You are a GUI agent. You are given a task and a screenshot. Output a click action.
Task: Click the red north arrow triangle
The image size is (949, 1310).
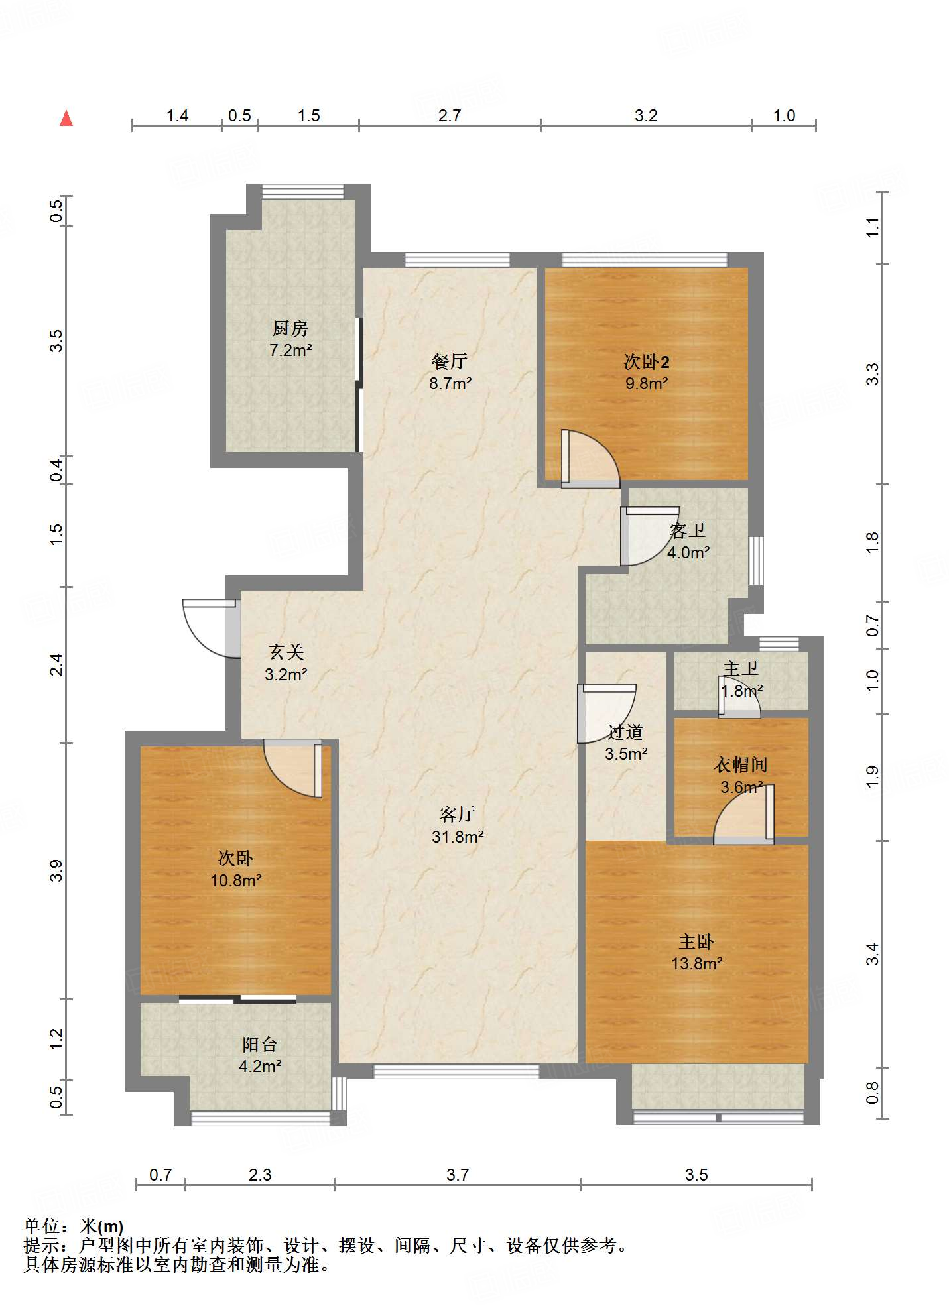[66, 118]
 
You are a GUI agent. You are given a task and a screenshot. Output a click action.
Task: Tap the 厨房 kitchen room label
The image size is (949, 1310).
[290, 328]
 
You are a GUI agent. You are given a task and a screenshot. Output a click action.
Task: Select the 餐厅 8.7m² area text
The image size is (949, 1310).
[450, 383]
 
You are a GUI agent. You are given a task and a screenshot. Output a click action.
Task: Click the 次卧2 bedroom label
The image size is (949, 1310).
[647, 361]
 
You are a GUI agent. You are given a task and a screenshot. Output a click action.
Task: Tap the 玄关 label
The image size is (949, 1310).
[286, 652]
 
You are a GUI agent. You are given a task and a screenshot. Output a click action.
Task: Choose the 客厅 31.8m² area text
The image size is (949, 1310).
[458, 837]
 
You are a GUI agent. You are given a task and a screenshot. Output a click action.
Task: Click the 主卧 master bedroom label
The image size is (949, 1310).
[696, 941]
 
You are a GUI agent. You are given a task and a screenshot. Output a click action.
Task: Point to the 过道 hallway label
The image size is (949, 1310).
[625, 732]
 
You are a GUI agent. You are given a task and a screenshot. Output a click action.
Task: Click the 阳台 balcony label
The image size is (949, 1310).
[259, 1045]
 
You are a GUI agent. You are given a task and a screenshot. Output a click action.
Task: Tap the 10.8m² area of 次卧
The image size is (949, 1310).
[236, 880]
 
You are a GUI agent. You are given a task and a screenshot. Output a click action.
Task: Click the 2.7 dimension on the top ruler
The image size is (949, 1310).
[450, 116]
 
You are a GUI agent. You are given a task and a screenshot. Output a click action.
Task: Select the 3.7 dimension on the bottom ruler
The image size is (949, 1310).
[458, 1175]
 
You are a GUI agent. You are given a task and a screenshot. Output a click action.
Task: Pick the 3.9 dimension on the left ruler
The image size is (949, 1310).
[56, 870]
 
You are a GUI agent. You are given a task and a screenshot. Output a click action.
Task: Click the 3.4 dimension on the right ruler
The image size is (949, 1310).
[873, 955]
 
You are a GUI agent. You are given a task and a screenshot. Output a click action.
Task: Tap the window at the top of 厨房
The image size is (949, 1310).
[303, 192]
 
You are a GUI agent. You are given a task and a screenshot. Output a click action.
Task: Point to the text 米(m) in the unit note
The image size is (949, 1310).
[101, 1227]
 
